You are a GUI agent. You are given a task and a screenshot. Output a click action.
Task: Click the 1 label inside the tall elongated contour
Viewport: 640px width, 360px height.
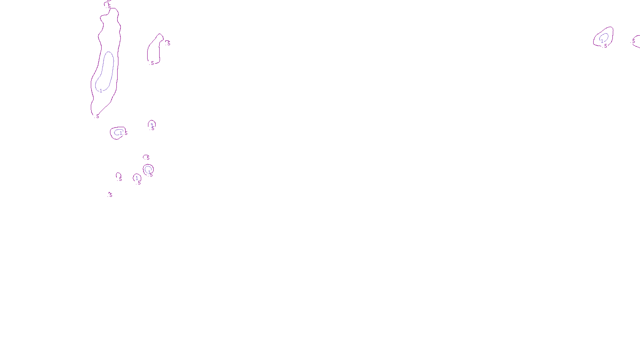[x=101, y=91]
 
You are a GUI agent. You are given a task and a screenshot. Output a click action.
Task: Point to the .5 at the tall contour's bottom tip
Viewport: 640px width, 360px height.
[x=97, y=116]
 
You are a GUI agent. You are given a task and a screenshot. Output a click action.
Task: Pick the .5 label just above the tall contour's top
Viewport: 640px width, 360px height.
[x=109, y=6]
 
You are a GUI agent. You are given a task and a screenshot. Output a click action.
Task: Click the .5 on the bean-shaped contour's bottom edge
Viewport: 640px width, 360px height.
[x=152, y=63]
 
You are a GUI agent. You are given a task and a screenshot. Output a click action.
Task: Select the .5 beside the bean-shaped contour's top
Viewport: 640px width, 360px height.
[x=168, y=43]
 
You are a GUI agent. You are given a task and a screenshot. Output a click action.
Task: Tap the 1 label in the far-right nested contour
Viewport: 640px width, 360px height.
[x=602, y=41]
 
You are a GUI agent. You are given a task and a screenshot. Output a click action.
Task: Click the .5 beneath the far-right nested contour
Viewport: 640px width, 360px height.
[x=605, y=46]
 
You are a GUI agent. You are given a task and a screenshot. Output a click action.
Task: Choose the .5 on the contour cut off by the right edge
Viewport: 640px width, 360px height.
[x=633, y=41]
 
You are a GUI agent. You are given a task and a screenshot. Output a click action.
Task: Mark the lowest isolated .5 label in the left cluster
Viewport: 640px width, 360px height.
[x=110, y=195]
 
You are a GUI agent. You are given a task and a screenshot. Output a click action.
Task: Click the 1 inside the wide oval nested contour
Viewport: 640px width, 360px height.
[x=121, y=133]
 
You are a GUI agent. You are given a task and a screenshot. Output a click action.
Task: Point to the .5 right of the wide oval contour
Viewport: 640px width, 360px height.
[x=126, y=133]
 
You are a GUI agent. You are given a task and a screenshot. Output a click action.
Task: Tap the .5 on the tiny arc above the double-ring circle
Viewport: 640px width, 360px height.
[x=148, y=158]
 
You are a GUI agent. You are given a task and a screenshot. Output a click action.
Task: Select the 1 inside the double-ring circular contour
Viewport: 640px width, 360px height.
[x=149, y=172]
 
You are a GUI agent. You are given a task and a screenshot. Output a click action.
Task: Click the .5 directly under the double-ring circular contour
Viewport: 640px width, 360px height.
[x=151, y=175]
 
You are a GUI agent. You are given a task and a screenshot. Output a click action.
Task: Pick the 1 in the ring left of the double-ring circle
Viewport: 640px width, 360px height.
[x=137, y=178]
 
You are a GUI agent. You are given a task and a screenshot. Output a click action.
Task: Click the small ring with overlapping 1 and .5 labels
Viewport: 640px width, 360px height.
[x=152, y=126]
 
